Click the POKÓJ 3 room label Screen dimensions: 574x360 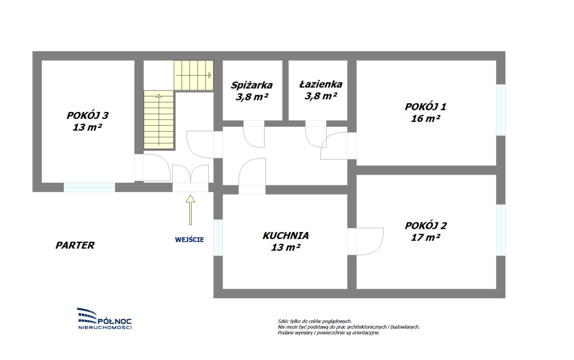[87, 116]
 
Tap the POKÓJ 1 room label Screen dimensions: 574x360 [425, 107]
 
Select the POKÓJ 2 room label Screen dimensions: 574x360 [426, 225]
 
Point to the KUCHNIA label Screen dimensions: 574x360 [285, 236]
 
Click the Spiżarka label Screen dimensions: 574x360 [252, 85]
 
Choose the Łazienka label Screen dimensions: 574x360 [321, 84]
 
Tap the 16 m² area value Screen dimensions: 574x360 [425, 118]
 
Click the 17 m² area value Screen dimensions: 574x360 [425, 237]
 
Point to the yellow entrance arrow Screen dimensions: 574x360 [191, 209]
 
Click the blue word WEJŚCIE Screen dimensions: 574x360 [189, 239]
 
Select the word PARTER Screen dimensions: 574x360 [75, 245]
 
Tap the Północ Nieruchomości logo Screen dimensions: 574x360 [105, 319]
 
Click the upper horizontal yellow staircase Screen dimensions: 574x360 [193, 75]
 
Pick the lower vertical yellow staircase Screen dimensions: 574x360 [159, 120]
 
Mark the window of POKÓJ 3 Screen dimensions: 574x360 [89, 187]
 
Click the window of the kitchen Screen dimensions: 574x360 [218, 237]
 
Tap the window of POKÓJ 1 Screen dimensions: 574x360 [501, 110]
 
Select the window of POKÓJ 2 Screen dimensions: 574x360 [501, 230]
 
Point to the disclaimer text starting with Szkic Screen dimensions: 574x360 [348, 327]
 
